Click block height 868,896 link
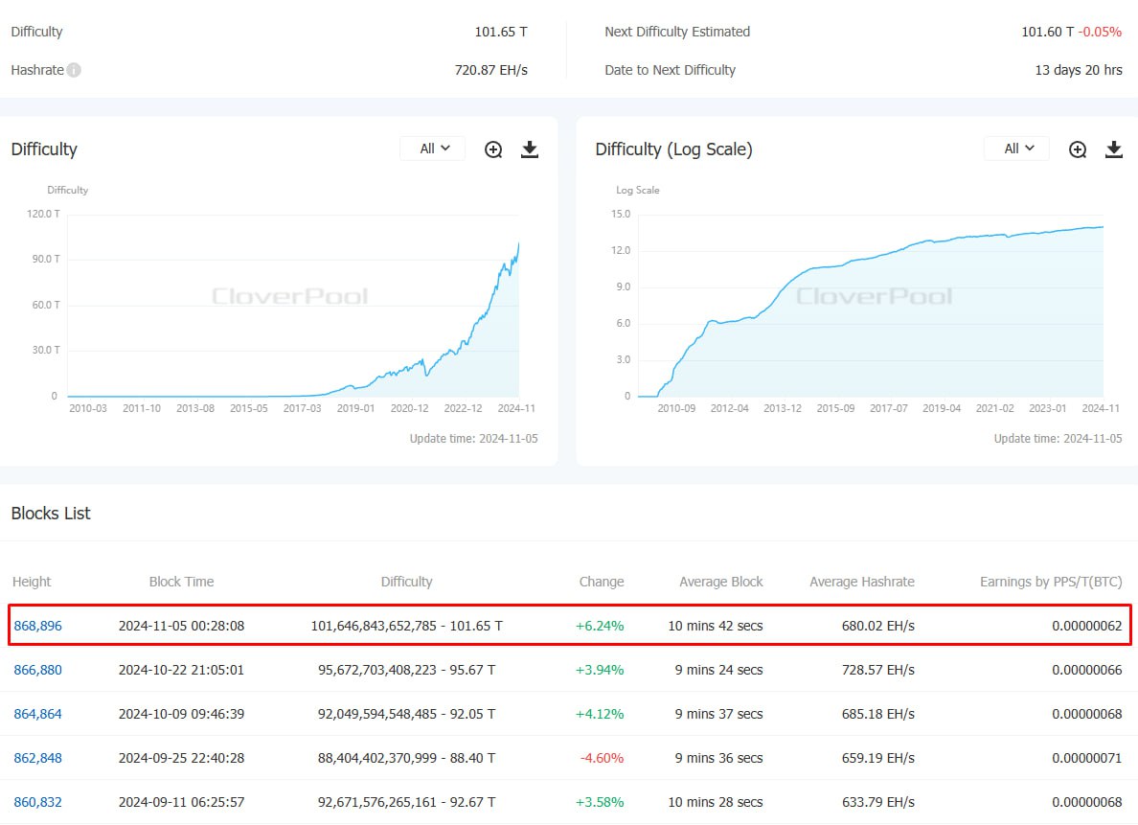coord(37,626)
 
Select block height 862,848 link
coord(37,758)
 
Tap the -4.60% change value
coord(602,758)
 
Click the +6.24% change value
coord(600,626)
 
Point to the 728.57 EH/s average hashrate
coord(878,670)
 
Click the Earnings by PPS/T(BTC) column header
coord(1051,582)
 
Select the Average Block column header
coord(720,582)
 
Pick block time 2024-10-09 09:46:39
coord(181,714)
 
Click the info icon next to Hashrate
coord(74,70)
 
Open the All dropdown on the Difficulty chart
coord(434,149)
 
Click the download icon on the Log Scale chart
coord(1113,149)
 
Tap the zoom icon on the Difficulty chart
coord(493,149)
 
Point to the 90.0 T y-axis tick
coord(46,260)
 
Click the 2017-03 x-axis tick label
coord(302,408)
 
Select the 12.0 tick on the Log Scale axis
coord(621,250)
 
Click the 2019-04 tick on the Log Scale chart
coord(942,408)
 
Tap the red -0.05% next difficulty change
coord(1100,32)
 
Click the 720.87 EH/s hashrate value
coord(491,70)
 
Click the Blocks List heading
coord(51,514)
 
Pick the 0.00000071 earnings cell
coord(1087,758)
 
